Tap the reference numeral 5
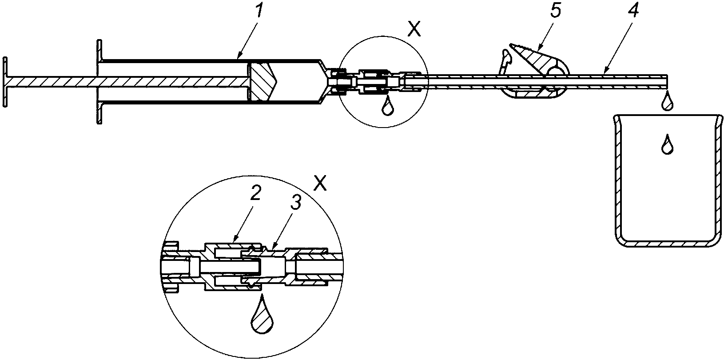[555, 11]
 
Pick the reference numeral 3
[296, 203]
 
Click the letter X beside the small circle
[414, 29]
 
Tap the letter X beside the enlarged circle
[320, 183]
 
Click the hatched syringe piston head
[263, 81]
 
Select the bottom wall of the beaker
[668, 252]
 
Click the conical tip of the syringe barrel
[325, 81]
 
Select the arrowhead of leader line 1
[239, 56]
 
